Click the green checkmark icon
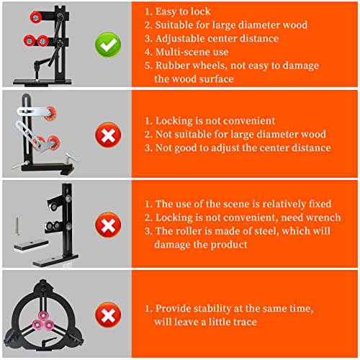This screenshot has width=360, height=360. pos(108,45)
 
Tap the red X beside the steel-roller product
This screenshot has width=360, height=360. pos(108,225)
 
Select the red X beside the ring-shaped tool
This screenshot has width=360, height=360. pos(108,315)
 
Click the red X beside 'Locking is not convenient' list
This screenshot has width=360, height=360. pos(108,135)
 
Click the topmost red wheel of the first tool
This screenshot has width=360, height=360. pos(36,17)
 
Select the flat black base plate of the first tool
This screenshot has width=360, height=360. pos(42,82)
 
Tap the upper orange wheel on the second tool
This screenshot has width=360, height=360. pos(50,112)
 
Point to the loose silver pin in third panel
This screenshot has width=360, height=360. pos(17,227)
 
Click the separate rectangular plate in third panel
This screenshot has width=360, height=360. pos(31,246)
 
